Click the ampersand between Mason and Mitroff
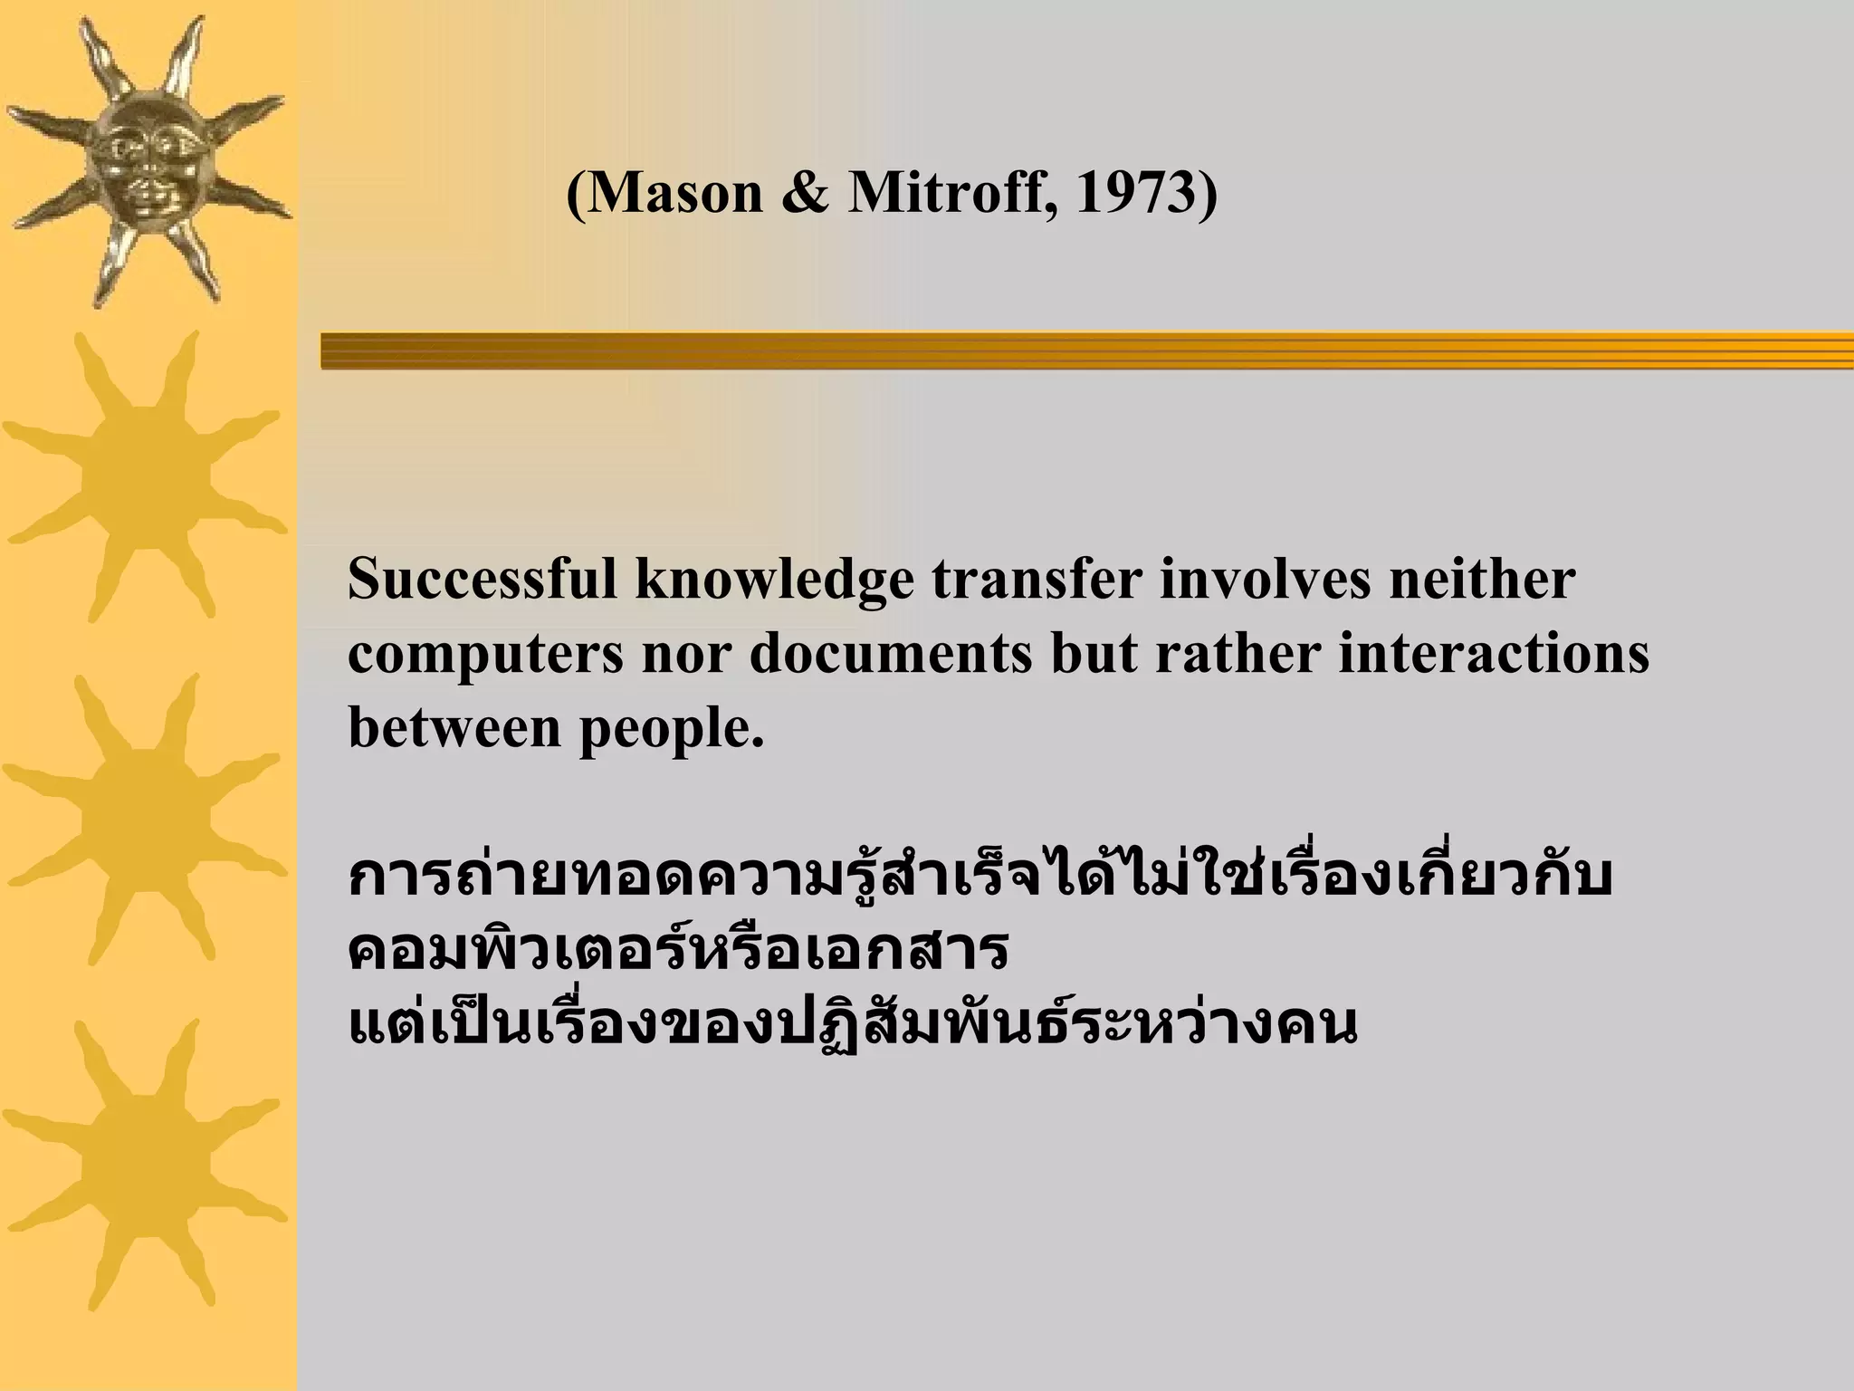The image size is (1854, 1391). coord(805,193)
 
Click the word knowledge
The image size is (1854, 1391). coord(775,580)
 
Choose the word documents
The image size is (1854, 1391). coord(891,654)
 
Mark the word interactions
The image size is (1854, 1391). coord(1494,654)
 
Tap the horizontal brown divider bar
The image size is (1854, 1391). coord(1086,350)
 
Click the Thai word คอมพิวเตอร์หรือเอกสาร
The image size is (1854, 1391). coord(677,951)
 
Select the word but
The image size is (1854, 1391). coord(1094,654)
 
